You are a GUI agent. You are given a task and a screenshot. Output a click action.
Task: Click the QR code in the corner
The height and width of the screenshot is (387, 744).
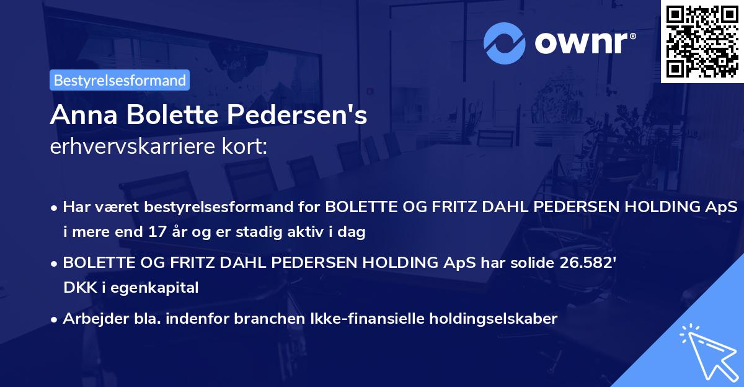click(702, 41)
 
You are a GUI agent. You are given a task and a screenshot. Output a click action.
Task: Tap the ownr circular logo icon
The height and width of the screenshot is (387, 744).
click(503, 43)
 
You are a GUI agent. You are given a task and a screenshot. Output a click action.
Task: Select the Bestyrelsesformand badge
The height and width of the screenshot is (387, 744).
click(119, 80)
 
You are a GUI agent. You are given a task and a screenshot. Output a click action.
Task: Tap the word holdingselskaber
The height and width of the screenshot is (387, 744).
click(485, 319)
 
